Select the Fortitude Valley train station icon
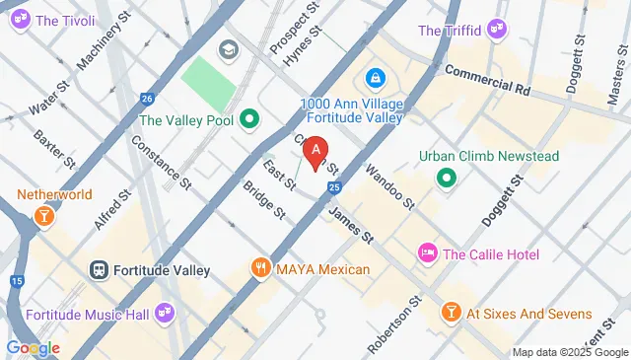click(x=100, y=269)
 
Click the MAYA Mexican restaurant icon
click(x=260, y=268)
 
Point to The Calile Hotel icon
click(x=428, y=254)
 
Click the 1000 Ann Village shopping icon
click(x=375, y=77)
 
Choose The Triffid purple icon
click(x=497, y=31)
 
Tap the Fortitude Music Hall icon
click(x=165, y=314)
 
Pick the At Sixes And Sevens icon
click(x=451, y=314)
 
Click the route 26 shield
click(x=146, y=99)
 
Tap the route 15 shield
click(x=17, y=281)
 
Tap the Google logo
click(x=33, y=348)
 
